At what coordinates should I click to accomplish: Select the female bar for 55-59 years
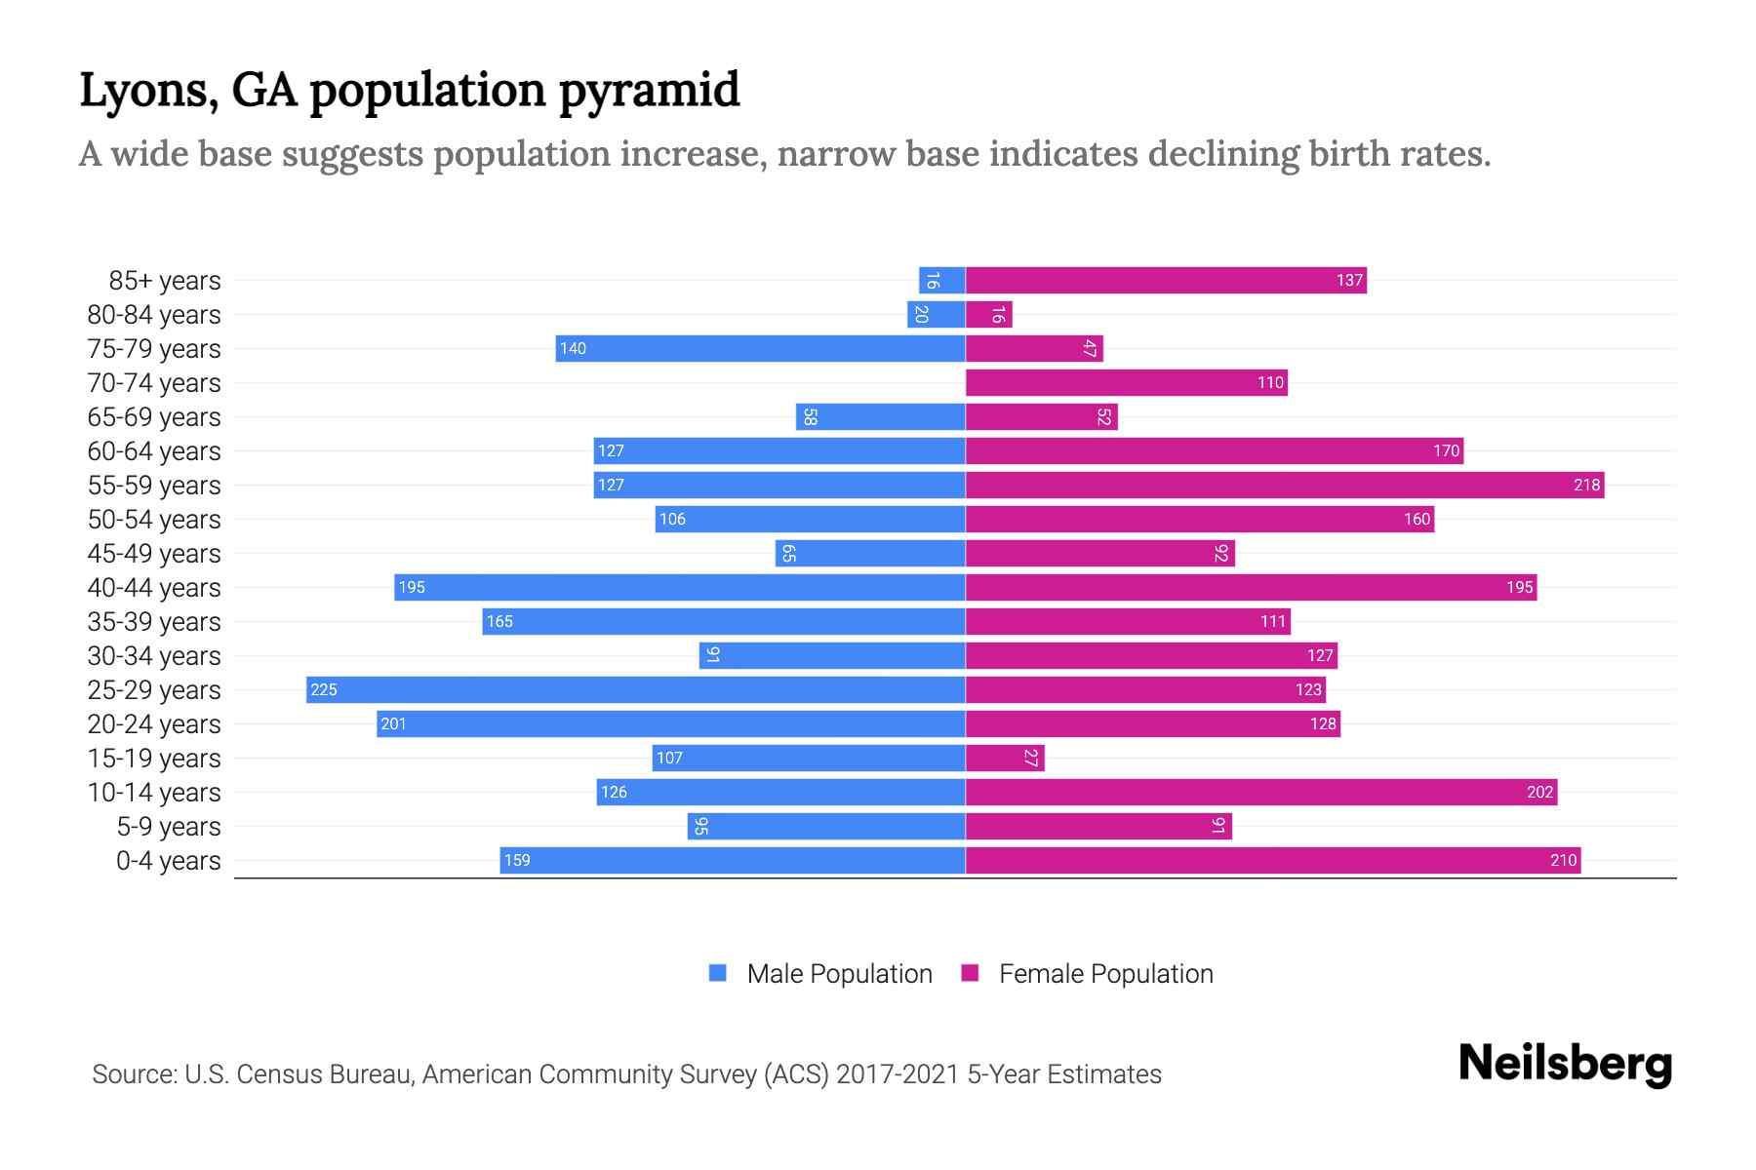1284,485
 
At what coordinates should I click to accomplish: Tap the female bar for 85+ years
1166,280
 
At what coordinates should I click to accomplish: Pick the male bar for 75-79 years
760,348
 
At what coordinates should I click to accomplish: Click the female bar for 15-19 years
1005,758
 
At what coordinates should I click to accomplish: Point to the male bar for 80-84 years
936,314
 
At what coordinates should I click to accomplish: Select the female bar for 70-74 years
1126,382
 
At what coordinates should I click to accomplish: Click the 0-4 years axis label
168,860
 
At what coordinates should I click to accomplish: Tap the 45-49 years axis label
154,553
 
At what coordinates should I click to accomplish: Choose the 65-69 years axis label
154,416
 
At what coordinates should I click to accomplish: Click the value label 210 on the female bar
1563,860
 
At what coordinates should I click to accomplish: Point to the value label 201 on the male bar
393,723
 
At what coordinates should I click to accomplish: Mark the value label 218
1586,485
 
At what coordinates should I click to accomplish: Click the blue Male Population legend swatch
718,973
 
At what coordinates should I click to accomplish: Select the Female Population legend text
1105,973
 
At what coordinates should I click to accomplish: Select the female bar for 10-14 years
1260,792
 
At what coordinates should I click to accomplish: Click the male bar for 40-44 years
679,587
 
